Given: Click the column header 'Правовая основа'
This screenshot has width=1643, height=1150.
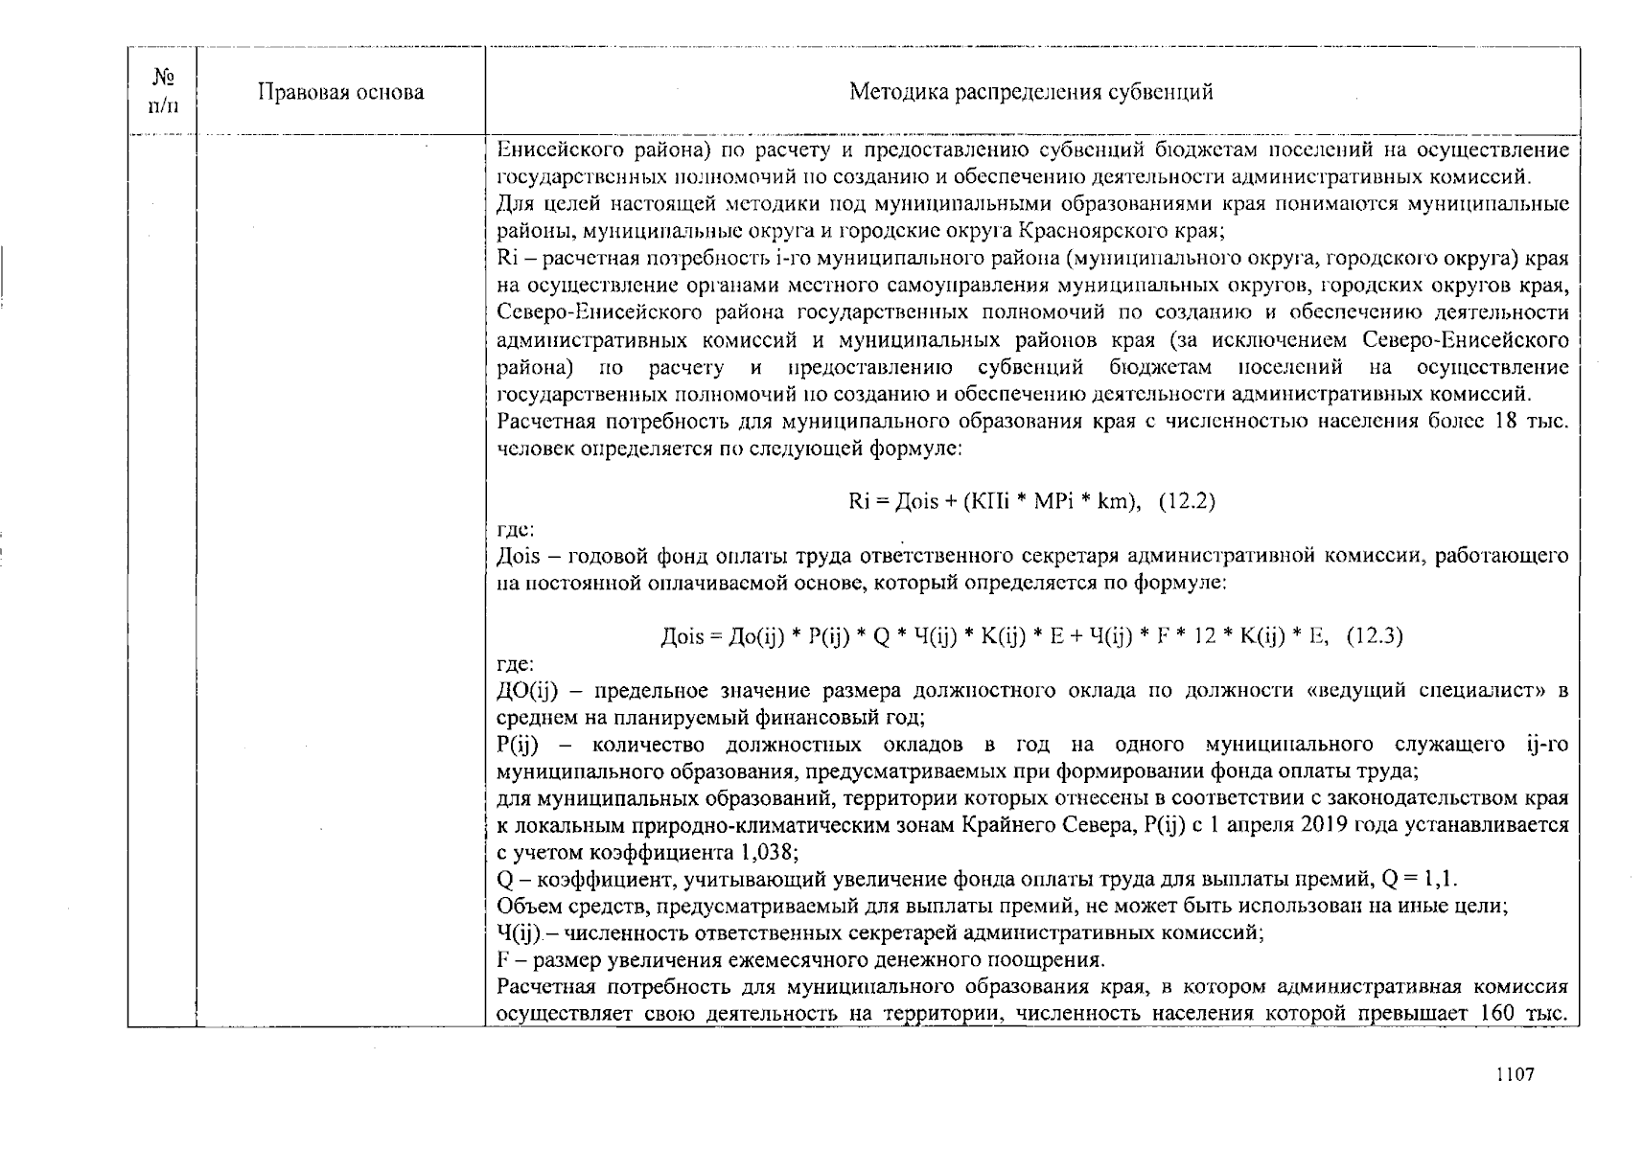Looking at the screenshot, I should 340,92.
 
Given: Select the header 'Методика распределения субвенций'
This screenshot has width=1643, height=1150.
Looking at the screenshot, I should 1031,92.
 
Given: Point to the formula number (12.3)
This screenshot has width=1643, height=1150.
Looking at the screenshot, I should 1375,635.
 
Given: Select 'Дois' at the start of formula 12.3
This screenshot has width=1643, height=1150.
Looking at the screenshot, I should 683,635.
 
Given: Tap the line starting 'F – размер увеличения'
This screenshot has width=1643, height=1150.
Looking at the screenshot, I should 801,960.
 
